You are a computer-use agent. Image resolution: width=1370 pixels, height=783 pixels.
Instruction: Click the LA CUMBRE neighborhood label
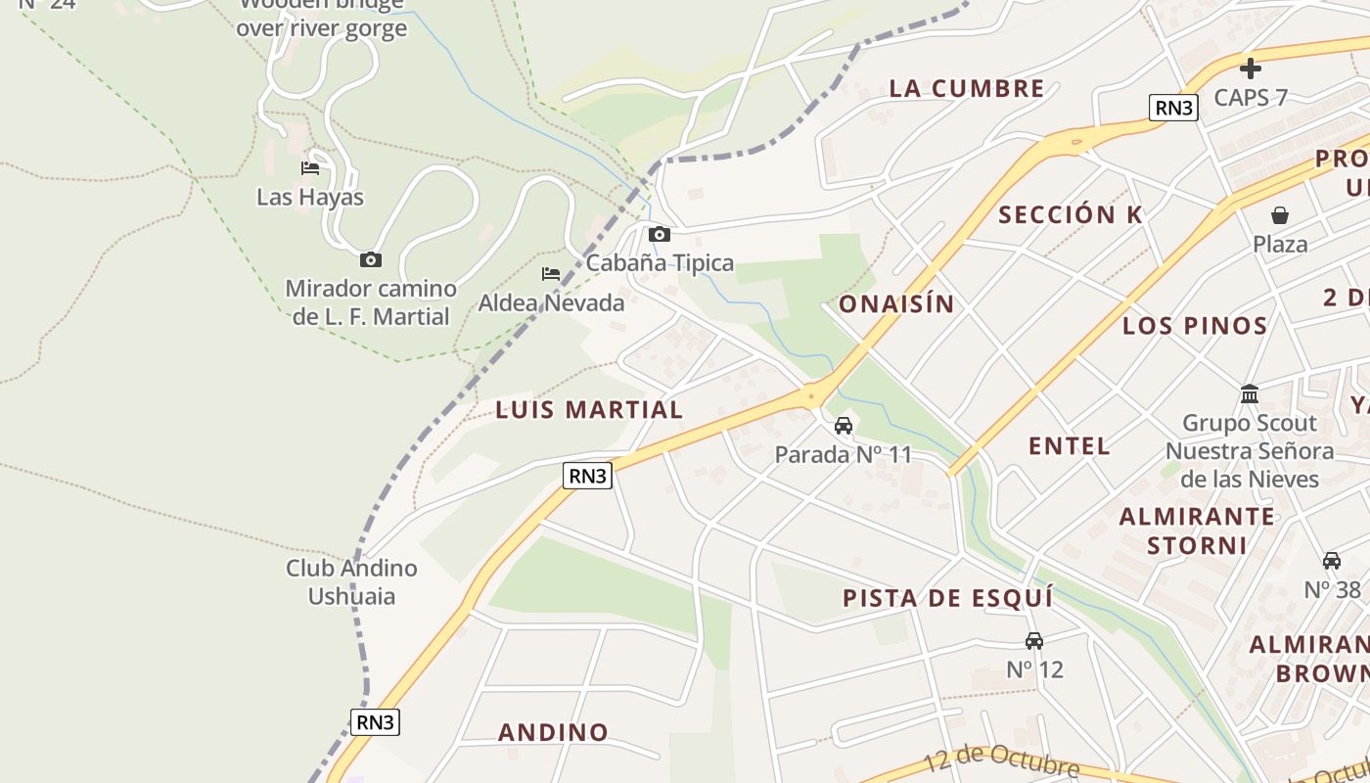tap(967, 88)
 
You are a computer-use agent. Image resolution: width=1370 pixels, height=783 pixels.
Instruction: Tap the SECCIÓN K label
tap(1070, 215)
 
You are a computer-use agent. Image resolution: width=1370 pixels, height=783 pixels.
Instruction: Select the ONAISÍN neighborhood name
tap(896, 303)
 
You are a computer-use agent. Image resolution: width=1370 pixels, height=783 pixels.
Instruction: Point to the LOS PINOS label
tap(1195, 326)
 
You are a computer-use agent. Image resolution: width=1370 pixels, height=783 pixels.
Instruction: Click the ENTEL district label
tap(1069, 446)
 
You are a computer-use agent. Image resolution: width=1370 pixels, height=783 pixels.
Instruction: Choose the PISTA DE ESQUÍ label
tap(947, 598)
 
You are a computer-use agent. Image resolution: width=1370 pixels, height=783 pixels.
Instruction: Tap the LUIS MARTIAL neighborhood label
tap(589, 410)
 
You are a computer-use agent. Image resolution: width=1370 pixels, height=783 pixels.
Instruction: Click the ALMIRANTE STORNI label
tap(1197, 530)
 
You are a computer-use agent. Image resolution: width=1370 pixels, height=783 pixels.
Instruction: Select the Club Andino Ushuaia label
tap(351, 581)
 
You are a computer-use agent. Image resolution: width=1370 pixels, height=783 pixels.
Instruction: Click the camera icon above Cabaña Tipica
tap(660, 234)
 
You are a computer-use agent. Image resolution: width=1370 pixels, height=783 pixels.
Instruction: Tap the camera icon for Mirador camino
tap(370, 259)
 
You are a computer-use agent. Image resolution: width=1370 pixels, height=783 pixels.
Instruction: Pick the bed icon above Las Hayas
tap(310, 168)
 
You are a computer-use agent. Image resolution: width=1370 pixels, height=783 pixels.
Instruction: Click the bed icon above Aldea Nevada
tap(551, 274)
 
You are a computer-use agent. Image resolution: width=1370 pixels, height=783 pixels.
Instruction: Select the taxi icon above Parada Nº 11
tap(843, 426)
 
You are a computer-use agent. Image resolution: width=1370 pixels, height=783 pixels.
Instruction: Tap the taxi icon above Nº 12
tap(1033, 641)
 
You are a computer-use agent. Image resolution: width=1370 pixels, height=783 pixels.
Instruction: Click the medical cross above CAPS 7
tap(1250, 69)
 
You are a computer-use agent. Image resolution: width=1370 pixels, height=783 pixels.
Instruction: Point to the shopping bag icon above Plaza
tap(1279, 215)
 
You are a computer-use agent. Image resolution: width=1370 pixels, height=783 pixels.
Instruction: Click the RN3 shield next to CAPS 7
tap(1173, 108)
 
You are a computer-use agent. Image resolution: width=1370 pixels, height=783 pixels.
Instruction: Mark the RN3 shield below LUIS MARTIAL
tap(587, 476)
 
